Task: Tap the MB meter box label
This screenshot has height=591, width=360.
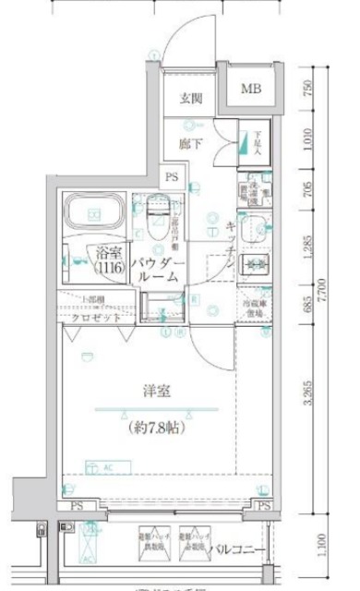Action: [x=250, y=90]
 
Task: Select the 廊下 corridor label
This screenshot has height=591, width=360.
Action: [x=190, y=143]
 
